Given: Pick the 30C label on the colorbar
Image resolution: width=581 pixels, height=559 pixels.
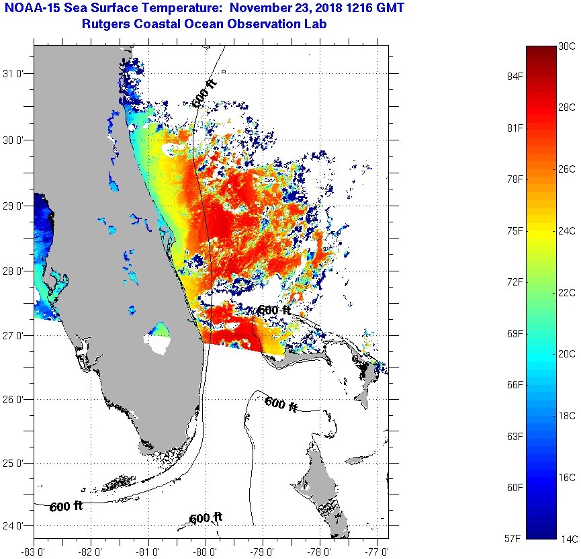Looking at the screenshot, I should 567,46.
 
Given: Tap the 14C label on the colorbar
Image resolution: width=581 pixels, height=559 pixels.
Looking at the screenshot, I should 567,538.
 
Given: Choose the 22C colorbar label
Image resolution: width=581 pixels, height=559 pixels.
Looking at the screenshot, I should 567,292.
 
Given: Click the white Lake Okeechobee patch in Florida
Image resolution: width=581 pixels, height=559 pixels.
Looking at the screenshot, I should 161,345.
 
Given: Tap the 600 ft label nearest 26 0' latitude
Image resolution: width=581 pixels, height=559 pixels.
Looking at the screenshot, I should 281,404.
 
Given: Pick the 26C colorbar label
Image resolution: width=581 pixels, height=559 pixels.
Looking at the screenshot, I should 567,169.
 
